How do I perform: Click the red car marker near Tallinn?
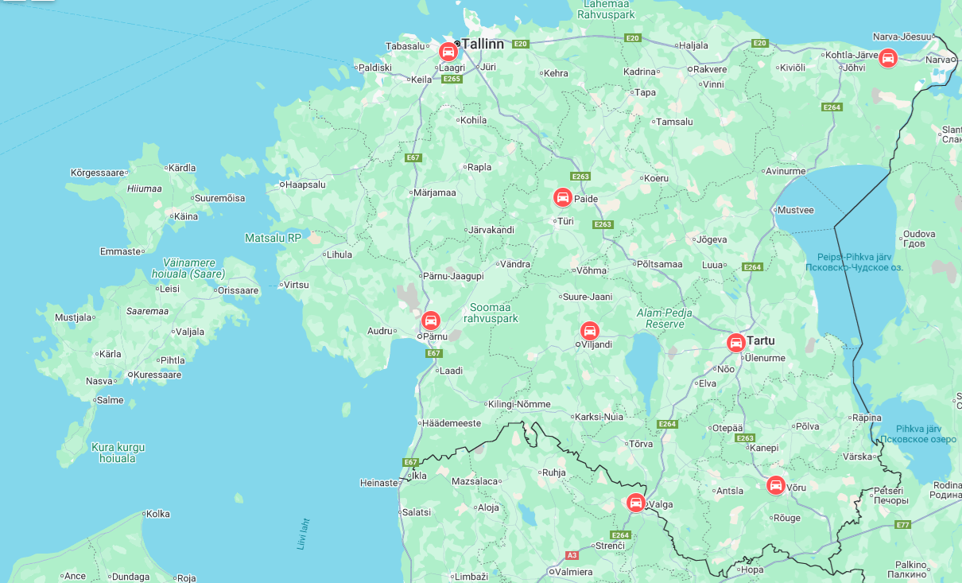click(448, 52)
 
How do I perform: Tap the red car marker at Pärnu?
click(431, 321)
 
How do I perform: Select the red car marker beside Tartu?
click(736, 343)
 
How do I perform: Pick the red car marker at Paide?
click(563, 197)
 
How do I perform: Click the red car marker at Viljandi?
click(589, 331)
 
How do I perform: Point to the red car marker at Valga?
click(635, 503)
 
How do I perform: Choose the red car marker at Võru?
click(776, 485)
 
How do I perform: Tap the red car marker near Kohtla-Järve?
click(888, 57)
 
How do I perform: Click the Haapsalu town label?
click(305, 185)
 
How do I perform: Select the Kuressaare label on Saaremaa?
click(157, 375)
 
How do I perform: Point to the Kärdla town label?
click(182, 168)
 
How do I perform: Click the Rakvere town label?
click(710, 69)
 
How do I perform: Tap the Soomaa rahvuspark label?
click(491, 313)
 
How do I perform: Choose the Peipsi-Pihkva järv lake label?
click(855, 262)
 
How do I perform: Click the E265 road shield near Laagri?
click(452, 79)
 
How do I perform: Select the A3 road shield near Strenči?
click(572, 555)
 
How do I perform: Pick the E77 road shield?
click(902, 525)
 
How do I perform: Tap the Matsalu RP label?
click(273, 237)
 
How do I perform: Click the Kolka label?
click(158, 514)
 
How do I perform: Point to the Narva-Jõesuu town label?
click(902, 37)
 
